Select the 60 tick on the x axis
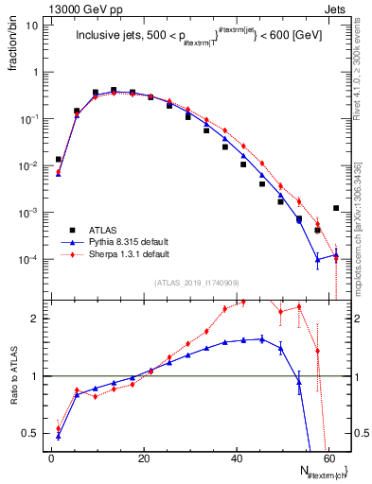click(x=328, y=458)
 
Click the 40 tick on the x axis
click(x=236, y=458)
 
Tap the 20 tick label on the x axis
click(x=143, y=458)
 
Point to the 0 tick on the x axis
click(x=51, y=458)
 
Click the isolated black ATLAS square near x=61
click(x=336, y=208)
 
